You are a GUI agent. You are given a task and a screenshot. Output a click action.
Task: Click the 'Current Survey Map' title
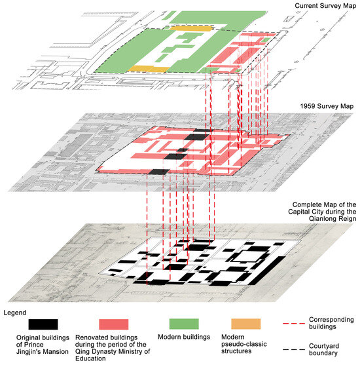tap(325, 6)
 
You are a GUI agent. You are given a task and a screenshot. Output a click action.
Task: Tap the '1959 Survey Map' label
tap(327, 106)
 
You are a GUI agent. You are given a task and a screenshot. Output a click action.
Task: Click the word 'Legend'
tap(15, 313)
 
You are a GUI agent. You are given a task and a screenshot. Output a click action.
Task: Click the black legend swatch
tap(43, 324)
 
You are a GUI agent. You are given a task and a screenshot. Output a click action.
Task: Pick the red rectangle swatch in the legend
tap(114, 324)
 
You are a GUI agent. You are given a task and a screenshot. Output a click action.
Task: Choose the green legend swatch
tap(184, 324)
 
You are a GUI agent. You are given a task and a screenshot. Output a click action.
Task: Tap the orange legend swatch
tap(246, 324)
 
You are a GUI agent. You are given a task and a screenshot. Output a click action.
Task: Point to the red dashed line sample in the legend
tap(294, 324)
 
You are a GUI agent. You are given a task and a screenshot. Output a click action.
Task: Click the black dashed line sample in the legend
tap(294, 350)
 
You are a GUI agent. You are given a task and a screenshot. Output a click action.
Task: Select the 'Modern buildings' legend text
tap(184, 337)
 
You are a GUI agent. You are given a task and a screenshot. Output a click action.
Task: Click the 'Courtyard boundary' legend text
tap(324, 349)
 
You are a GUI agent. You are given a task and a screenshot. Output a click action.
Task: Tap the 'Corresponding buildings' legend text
tap(331, 323)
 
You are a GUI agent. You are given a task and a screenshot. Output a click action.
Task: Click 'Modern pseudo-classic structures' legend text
tap(244, 344)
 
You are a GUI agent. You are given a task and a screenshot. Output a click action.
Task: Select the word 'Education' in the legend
tap(90, 358)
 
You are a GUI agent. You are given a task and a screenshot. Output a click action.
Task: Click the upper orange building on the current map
tap(191, 28)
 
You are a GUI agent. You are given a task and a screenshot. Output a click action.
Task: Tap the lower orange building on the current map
tap(149, 69)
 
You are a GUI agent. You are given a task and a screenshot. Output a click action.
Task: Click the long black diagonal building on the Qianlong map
tap(267, 271)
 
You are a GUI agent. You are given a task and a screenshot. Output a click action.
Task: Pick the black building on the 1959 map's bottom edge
tap(159, 172)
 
